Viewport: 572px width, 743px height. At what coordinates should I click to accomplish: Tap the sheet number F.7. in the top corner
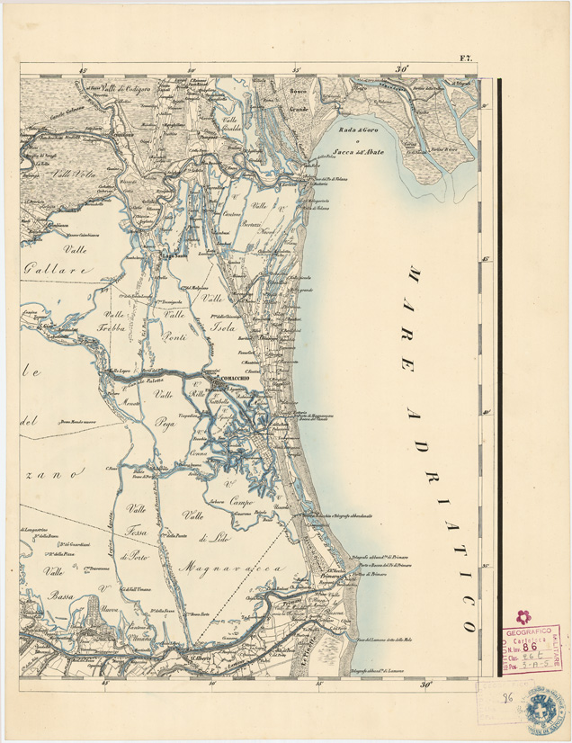468,59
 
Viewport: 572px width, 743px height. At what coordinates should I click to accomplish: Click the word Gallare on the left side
59,268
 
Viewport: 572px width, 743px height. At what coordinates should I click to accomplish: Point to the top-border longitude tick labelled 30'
401,68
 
